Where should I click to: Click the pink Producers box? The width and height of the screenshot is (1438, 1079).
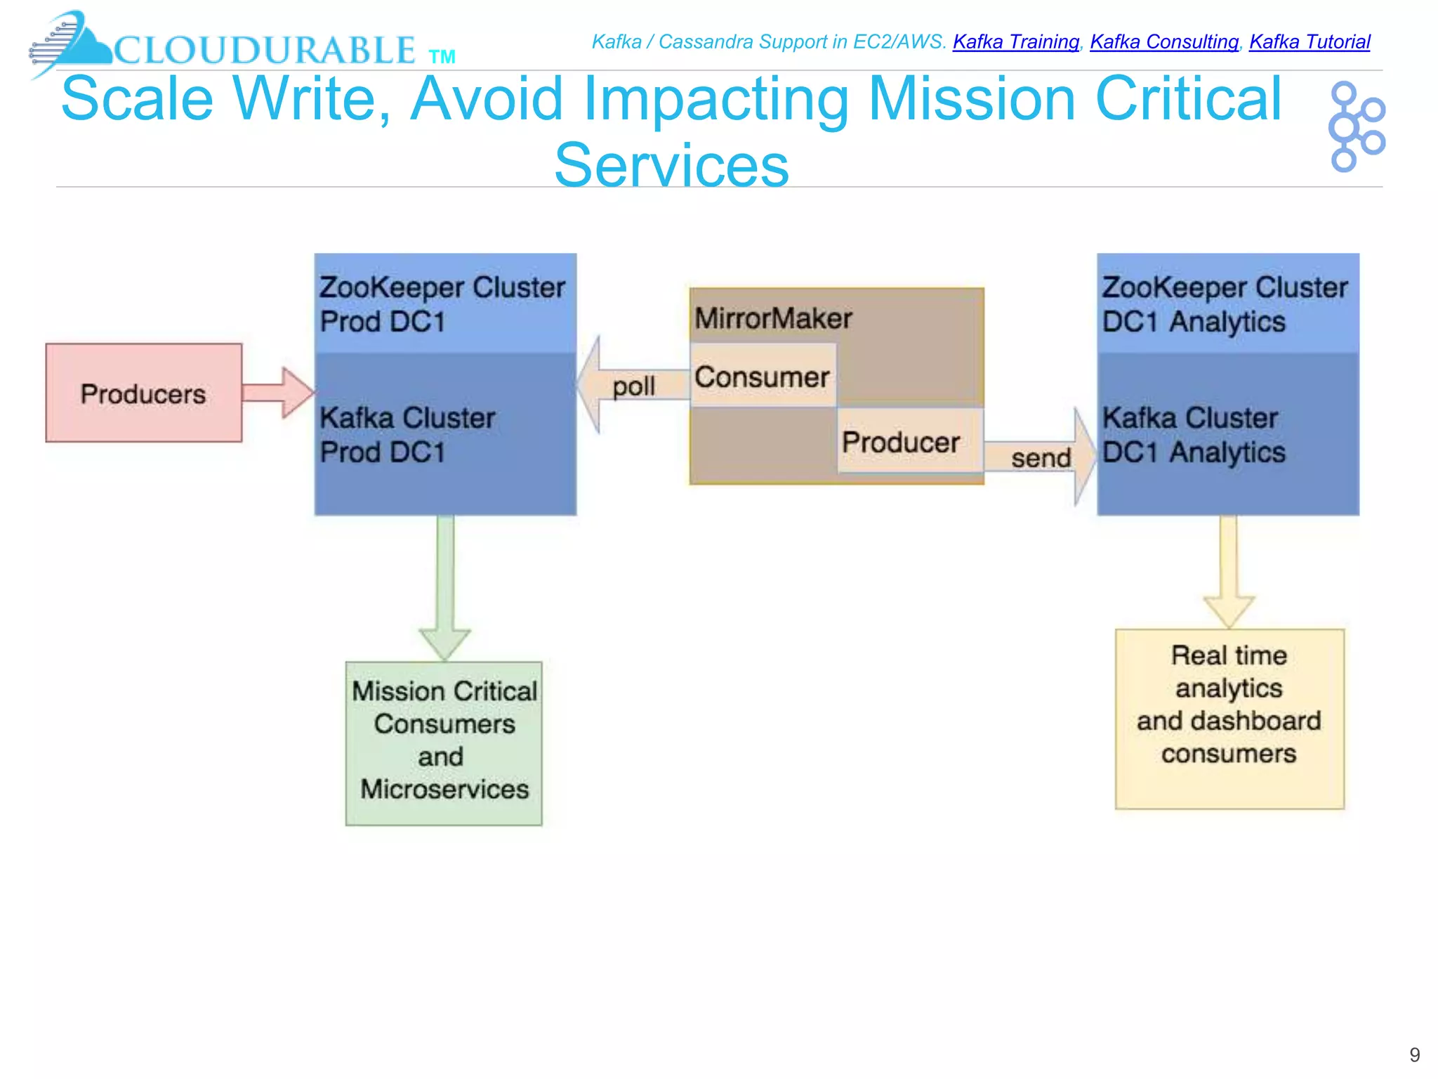(143, 393)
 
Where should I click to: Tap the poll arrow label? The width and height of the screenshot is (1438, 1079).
(633, 386)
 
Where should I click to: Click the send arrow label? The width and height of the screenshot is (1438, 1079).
(1041, 458)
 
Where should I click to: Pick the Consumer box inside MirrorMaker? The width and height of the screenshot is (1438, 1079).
(763, 377)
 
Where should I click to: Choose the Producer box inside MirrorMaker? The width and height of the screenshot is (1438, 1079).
(902, 442)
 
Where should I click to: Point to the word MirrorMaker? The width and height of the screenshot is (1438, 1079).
(773, 318)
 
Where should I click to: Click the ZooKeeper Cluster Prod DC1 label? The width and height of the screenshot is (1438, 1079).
(442, 304)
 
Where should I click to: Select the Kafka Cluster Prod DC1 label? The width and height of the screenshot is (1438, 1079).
(407, 435)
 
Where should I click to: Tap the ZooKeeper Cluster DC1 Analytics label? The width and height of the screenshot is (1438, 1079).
(1225, 304)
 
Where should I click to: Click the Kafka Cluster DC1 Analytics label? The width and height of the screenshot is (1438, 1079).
(1194, 435)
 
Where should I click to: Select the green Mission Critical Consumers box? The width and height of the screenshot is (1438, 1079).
(444, 742)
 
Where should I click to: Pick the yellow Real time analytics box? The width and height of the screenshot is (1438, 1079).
(1229, 718)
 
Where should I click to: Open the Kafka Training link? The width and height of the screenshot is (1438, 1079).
(1015, 42)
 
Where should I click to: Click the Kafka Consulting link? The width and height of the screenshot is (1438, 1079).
(1163, 42)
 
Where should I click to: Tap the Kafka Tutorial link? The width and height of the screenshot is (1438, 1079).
(1309, 42)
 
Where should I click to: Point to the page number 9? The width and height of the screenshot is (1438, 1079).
(1414, 1054)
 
